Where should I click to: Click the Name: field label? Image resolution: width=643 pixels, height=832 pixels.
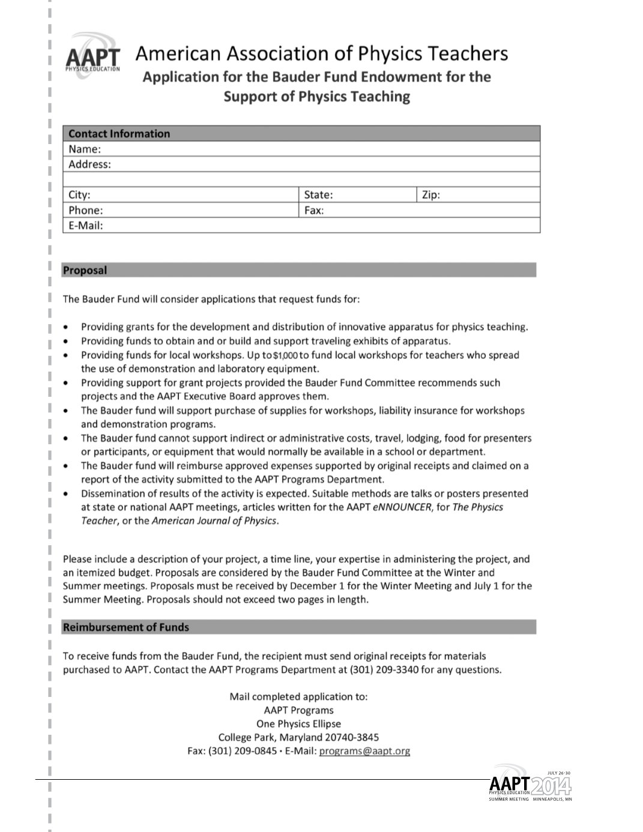pyautogui.click(x=85, y=149)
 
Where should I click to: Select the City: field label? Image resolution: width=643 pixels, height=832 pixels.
pyautogui.click(x=79, y=194)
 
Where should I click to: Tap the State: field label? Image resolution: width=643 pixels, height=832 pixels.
pyautogui.click(x=318, y=194)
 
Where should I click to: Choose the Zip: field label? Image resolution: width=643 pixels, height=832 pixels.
pyautogui.click(x=431, y=194)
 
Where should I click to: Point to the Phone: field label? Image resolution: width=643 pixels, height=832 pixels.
pyautogui.click(x=86, y=210)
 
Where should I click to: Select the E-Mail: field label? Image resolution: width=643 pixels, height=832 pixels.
pyautogui.click(x=86, y=226)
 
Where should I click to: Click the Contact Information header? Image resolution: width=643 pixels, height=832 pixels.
pyautogui.click(x=119, y=133)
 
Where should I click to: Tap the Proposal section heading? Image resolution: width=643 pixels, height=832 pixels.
pyautogui.click(x=85, y=270)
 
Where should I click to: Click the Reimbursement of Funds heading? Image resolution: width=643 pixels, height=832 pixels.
pyautogui.click(x=125, y=627)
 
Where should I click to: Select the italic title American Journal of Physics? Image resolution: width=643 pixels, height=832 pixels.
pyautogui.click(x=214, y=521)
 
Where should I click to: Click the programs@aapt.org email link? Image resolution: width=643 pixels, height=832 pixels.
pyautogui.click(x=364, y=751)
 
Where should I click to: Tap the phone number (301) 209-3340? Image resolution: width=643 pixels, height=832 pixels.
pyautogui.click(x=384, y=670)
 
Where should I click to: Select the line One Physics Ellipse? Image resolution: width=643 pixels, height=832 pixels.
pyautogui.click(x=298, y=724)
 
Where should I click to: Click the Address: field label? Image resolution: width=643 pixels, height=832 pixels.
pyautogui.click(x=89, y=164)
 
